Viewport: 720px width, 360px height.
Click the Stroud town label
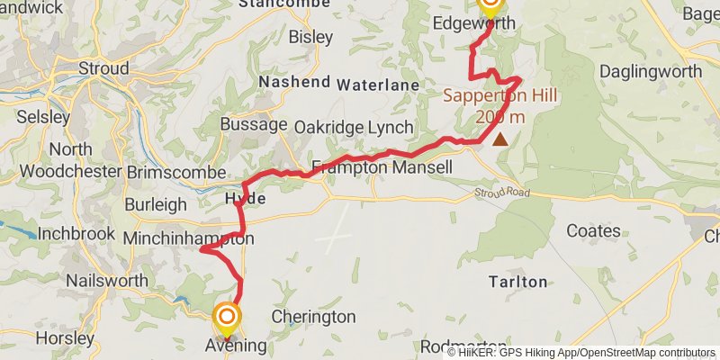tap(103, 68)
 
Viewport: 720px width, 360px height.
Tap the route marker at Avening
tap(226, 317)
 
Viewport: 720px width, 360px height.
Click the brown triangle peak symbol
tap(499, 139)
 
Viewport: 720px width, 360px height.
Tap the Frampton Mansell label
tap(382, 166)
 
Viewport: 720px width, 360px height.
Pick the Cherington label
tap(313, 317)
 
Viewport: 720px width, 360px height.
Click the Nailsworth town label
tap(106, 281)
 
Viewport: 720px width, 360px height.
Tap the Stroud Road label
tap(502, 193)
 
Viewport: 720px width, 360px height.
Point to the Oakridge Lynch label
tap(354, 127)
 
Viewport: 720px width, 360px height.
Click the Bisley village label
tap(310, 38)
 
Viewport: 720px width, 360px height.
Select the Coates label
tap(594, 231)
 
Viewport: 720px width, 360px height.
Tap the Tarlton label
tap(517, 282)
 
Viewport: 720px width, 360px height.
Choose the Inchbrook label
tap(76, 233)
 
